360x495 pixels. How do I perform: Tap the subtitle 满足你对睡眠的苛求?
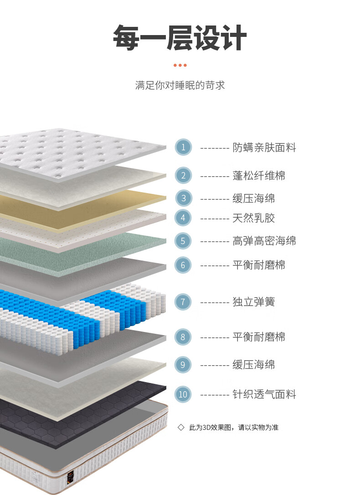180,85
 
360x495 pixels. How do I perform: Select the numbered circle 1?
183,147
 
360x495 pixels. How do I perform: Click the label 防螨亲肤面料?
264,148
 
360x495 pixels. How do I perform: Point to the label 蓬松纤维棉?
259,175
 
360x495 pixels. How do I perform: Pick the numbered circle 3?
183,198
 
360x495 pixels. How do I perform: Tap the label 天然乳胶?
254,218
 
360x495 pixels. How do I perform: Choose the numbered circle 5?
183,241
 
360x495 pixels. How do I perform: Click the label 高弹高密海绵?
264,241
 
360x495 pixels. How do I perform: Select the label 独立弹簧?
254,301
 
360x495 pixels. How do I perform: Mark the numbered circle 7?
183,301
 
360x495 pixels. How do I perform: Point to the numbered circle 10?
183,394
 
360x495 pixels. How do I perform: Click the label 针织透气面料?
264,394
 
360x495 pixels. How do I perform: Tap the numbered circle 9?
183,364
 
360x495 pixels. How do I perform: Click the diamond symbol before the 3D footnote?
181,427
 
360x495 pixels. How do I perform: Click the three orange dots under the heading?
180,65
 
